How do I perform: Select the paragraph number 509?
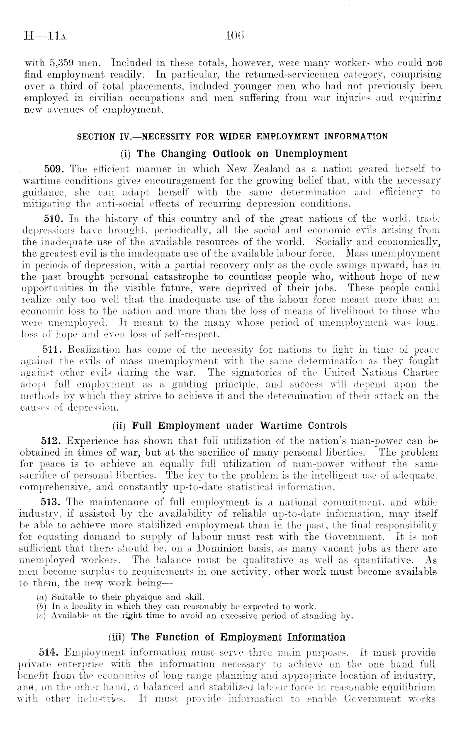coord(55,169)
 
